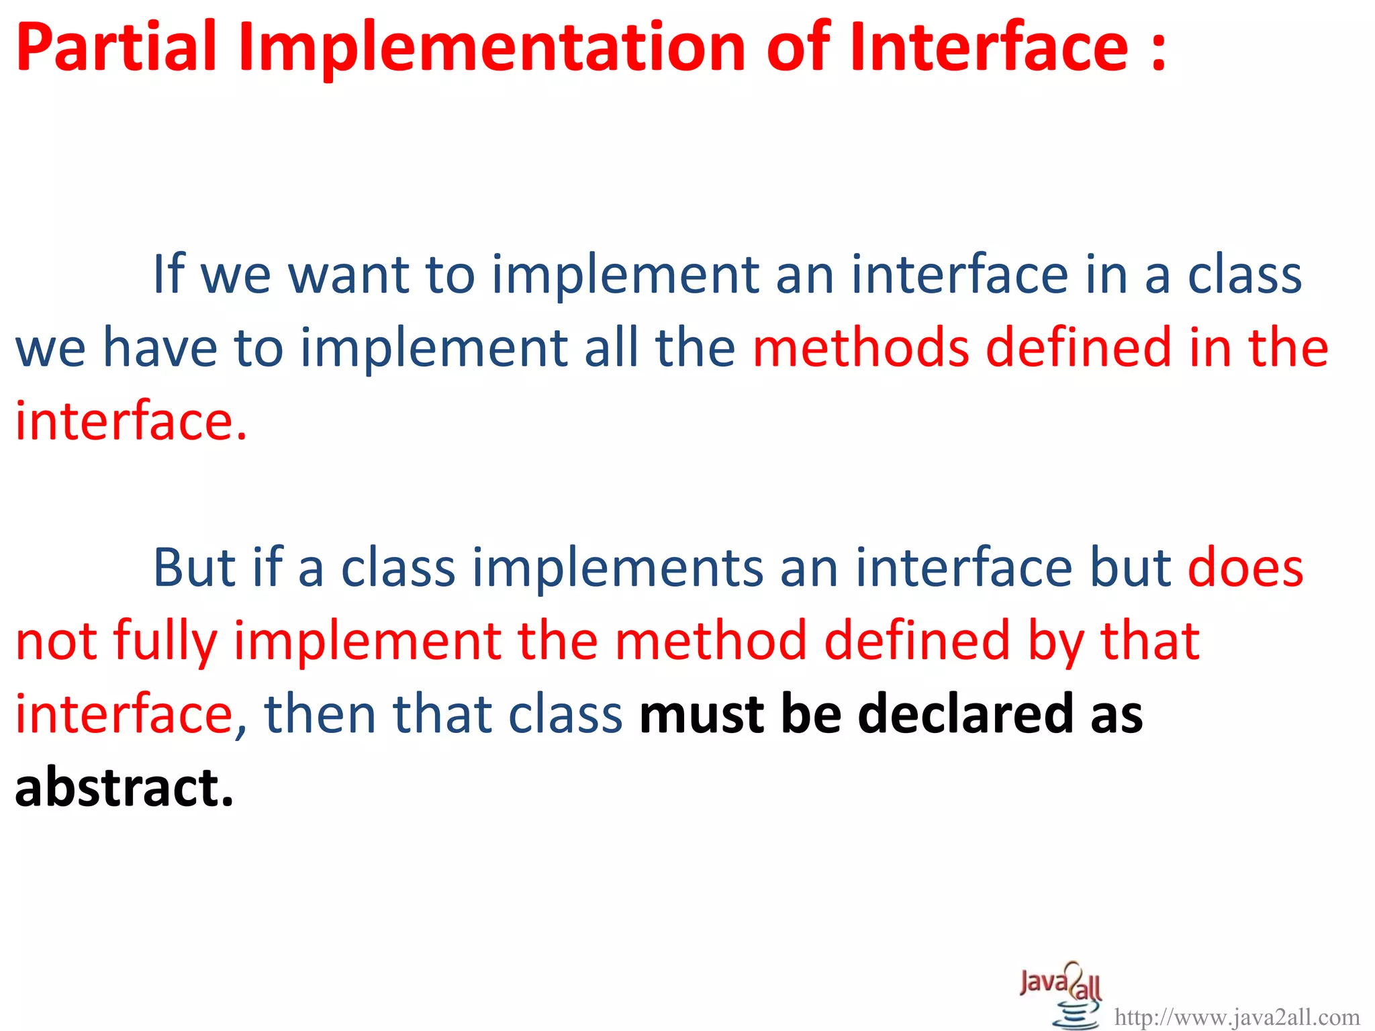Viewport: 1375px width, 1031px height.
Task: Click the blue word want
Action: [348, 275]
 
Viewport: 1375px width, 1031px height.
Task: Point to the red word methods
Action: [861, 348]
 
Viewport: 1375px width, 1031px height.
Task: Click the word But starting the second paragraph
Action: [194, 568]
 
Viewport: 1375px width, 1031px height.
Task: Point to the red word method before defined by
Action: [711, 641]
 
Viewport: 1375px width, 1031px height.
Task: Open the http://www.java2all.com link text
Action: [1237, 1018]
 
